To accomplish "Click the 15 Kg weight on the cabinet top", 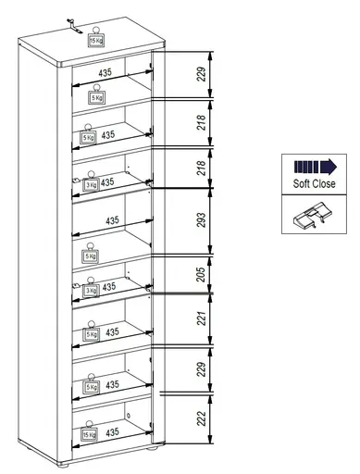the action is pyautogui.click(x=96, y=40).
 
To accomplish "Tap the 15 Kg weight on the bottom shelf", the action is pyautogui.click(x=89, y=433).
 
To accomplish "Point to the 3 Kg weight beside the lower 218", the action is pyautogui.click(x=91, y=184).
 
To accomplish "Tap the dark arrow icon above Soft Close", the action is pyautogui.click(x=314, y=168).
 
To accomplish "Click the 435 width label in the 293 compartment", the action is pyautogui.click(x=112, y=220).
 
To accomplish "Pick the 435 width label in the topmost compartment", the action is pyautogui.click(x=107, y=72).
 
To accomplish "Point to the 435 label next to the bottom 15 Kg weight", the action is pyautogui.click(x=111, y=431).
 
